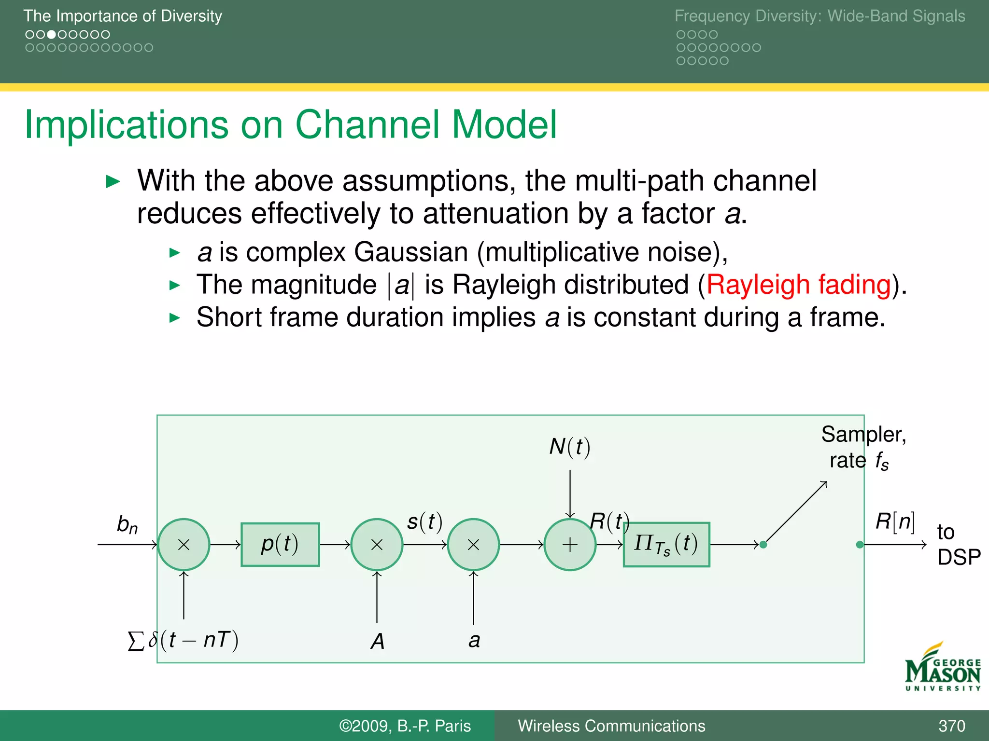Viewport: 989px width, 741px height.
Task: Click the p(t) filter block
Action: tap(280, 544)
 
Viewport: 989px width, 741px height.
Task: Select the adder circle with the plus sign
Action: tap(570, 545)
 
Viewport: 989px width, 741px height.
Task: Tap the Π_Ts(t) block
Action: tap(666, 544)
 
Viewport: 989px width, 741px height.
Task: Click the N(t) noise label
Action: tap(570, 447)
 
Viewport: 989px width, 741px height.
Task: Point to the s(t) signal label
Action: tap(424, 521)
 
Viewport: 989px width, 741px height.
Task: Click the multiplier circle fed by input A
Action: tap(377, 545)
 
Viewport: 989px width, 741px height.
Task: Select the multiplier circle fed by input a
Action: tap(473, 545)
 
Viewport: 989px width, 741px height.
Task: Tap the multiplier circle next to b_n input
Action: tap(184, 545)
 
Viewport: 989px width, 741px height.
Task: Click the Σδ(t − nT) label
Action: tap(184, 640)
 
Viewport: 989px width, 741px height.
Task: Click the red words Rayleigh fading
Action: tap(798, 285)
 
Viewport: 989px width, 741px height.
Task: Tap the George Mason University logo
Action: tap(943, 668)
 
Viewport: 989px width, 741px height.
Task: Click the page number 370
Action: tap(951, 726)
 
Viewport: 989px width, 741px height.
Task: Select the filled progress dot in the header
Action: tap(51, 35)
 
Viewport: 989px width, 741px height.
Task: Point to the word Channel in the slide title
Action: tap(367, 124)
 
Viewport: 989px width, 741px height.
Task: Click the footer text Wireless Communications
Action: tap(611, 726)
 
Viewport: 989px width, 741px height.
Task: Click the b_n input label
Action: tap(127, 524)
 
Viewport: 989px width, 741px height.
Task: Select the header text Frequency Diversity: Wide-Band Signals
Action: tap(819, 16)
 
